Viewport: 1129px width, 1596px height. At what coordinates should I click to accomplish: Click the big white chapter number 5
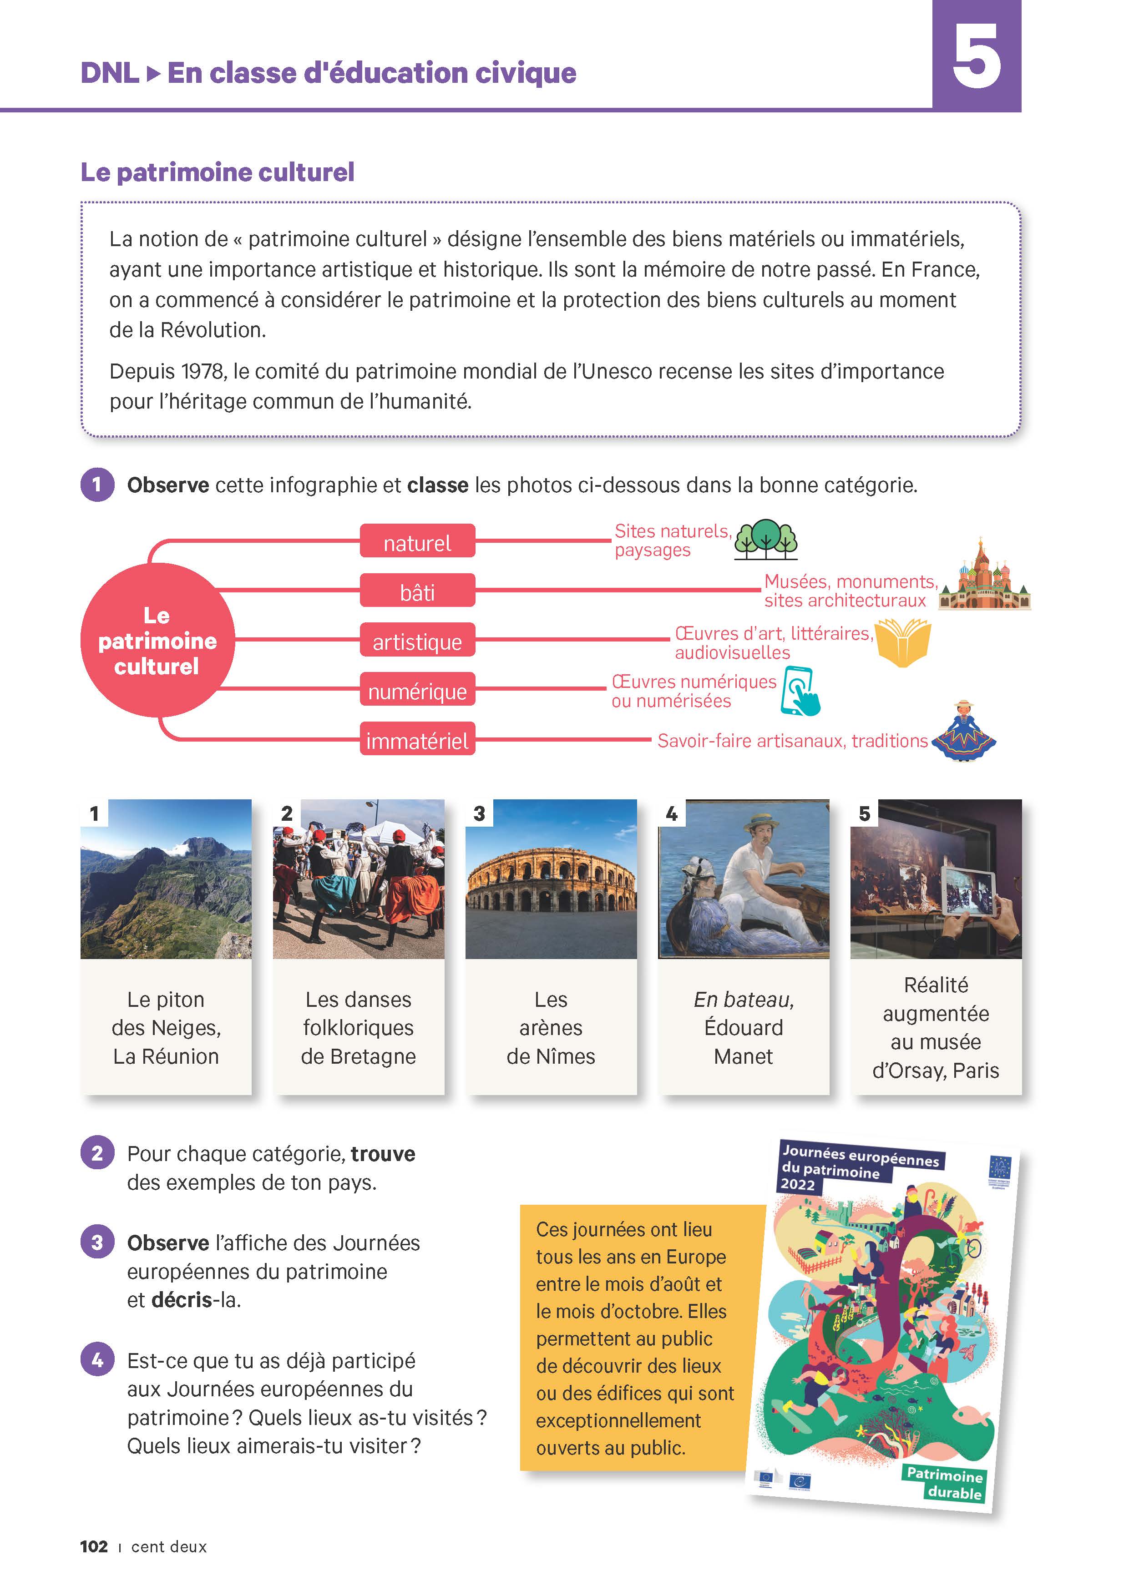[x=976, y=56]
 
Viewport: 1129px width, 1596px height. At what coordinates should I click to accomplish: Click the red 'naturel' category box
[x=417, y=541]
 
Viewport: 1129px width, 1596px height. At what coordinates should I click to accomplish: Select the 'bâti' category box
[x=417, y=591]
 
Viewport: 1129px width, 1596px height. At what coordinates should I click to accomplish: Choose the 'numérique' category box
[x=417, y=690]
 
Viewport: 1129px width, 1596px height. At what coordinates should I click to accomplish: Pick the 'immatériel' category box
[x=417, y=740]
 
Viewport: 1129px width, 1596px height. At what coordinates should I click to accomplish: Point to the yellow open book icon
[x=902, y=641]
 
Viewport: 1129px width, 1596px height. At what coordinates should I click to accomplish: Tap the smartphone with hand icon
[x=800, y=691]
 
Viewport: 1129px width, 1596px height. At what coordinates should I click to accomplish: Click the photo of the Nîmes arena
[x=551, y=879]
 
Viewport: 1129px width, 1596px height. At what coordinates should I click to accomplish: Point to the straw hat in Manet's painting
[x=762, y=822]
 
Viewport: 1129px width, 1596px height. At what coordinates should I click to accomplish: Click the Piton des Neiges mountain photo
[x=166, y=879]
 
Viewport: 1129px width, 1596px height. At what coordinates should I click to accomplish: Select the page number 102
[x=94, y=1546]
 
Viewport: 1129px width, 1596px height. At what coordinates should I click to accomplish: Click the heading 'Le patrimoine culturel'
[x=217, y=172]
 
